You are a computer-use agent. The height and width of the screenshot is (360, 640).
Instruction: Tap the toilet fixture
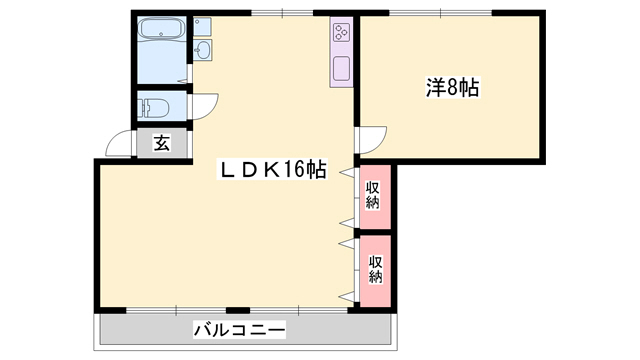coord(154,106)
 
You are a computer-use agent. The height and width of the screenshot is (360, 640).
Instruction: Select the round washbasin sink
coord(203,51)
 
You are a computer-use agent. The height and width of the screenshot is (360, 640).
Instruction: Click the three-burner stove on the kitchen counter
coord(340,32)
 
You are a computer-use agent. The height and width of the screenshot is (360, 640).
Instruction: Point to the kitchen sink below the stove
coord(340,69)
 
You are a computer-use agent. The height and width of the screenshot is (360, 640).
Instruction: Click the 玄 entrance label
coord(162,143)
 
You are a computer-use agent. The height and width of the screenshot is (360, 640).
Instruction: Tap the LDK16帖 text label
coord(273,170)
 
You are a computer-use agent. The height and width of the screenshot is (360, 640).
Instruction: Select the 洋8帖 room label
coord(452,88)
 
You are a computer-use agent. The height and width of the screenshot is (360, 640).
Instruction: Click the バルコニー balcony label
coord(239,329)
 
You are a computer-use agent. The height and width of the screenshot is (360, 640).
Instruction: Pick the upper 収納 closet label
coord(372,194)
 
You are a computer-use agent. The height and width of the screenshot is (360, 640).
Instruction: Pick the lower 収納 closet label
coord(375,269)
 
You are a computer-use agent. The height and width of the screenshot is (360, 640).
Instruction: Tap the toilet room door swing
coord(204,106)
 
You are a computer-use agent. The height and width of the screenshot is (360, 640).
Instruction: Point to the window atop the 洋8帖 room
coord(440,12)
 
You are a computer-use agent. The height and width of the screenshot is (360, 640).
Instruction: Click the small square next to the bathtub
coord(203,22)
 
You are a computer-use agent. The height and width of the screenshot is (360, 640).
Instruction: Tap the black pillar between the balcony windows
coord(237,309)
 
